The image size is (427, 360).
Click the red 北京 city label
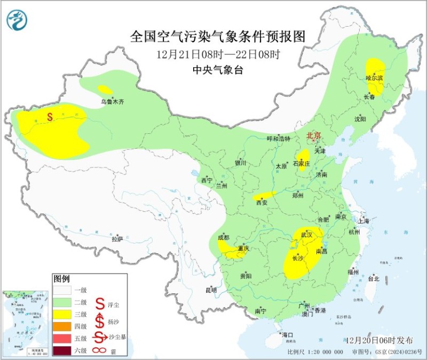313,136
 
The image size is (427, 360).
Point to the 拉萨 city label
117,239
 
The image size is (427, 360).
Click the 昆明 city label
211,291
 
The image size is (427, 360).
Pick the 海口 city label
288,335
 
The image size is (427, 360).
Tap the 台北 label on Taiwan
373,278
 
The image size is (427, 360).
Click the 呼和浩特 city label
278,139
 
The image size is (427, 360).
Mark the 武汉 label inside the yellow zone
306,235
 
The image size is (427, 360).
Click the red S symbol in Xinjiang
50,116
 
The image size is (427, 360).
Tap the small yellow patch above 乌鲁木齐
105,90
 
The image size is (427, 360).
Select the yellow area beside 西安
265,195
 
